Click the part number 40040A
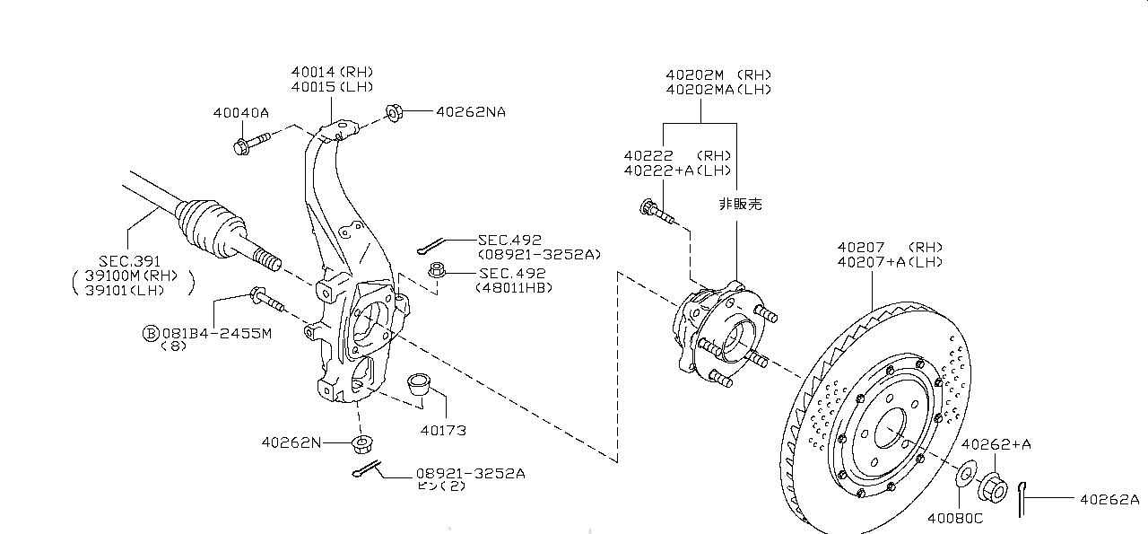pyautogui.click(x=240, y=112)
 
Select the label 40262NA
pyautogui.click(x=471, y=112)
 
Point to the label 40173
pyautogui.click(x=443, y=430)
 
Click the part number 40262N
pyautogui.click(x=291, y=442)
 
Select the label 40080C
pyautogui.click(x=955, y=517)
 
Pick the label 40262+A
pyautogui.click(x=996, y=443)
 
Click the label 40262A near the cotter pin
pyautogui.click(x=1109, y=500)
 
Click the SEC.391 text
pyautogui.click(x=129, y=260)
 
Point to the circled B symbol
pyautogui.click(x=151, y=333)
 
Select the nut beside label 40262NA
pyautogui.click(x=394, y=112)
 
